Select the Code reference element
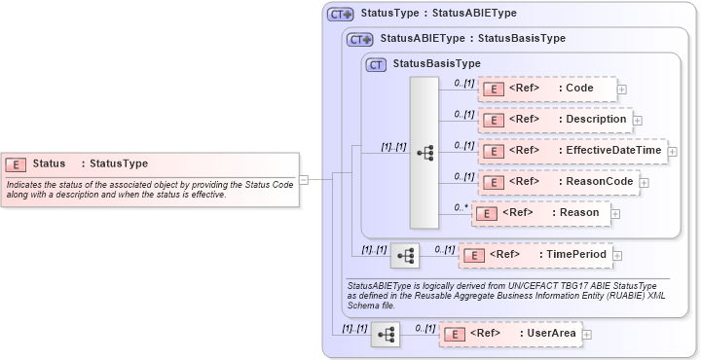547,89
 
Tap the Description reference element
554,120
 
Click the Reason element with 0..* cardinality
539,212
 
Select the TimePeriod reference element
535,255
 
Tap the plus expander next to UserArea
587,334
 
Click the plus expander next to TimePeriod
618,256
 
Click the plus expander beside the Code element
622,90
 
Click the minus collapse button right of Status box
304,179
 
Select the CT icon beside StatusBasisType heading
375,64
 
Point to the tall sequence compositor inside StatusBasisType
424,153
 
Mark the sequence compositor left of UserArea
386,334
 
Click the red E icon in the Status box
16,164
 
